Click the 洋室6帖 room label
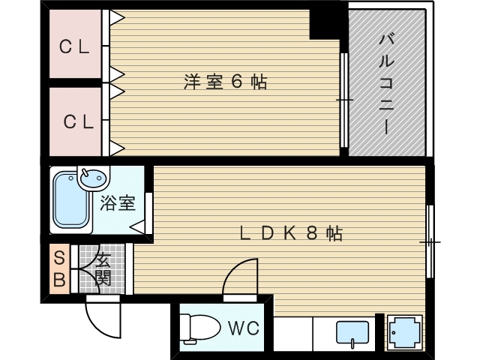(x=225, y=82)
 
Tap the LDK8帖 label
(x=290, y=233)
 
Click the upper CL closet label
(x=75, y=47)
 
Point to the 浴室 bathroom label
(x=118, y=203)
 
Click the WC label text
(x=243, y=328)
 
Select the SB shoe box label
(x=59, y=270)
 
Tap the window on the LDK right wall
(x=430, y=241)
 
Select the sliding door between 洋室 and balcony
(x=343, y=100)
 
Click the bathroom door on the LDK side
(x=148, y=213)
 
